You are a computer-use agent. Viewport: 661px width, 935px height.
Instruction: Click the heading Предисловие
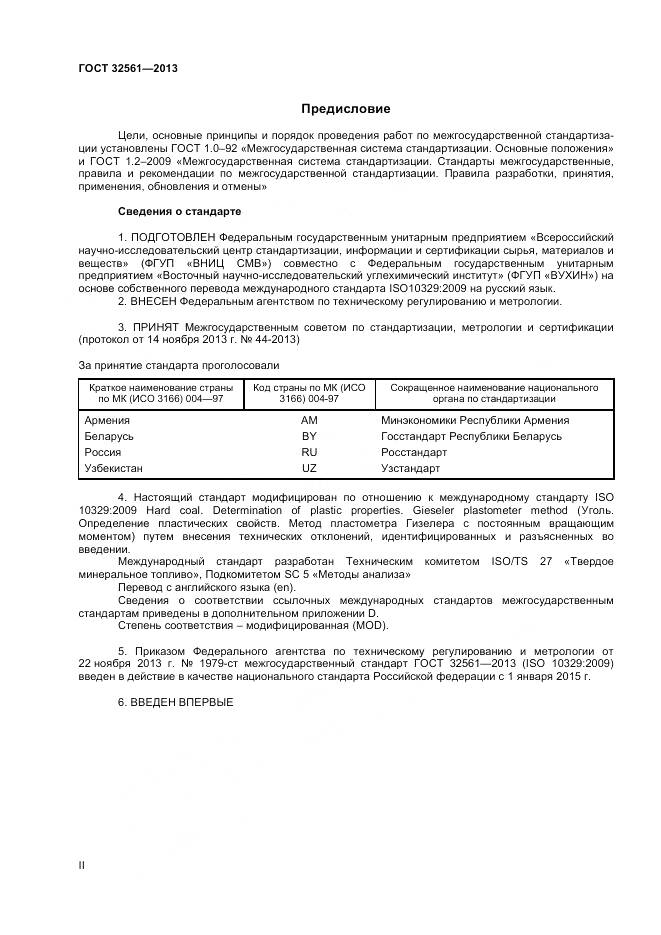tap(346, 109)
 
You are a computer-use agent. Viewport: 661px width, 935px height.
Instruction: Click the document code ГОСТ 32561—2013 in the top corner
tap(127, 68)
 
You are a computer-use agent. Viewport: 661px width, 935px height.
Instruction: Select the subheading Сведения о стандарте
tap(179, 211)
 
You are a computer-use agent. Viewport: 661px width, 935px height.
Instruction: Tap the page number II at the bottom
tap(82, 864)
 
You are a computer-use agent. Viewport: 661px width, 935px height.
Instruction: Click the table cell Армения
tap(107, 420)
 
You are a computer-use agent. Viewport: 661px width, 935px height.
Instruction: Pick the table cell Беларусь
tap(108, 436)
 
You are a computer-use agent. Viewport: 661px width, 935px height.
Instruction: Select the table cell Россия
tap(104, 452)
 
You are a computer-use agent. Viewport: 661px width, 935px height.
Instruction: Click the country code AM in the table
tap(309, 420)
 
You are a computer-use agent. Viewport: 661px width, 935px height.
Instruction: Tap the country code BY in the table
tap(309, 436)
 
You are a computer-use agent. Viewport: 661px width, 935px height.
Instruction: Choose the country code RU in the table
tap(309, 452)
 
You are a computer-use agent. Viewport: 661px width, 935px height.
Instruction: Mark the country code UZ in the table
tap(309, 468)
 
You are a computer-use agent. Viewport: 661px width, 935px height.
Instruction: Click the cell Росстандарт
tap(414, 452)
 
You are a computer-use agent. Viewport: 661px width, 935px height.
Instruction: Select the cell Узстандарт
tap(410, 468)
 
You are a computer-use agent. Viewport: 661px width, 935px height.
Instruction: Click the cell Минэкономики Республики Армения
tap(475, 420)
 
